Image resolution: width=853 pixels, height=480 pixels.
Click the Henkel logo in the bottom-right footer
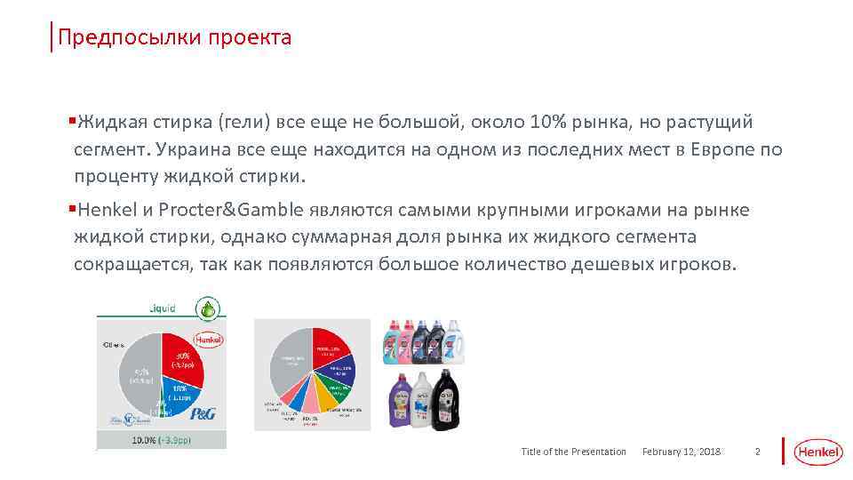click(817, 452)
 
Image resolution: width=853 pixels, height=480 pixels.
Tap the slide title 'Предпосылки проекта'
click(174, 37)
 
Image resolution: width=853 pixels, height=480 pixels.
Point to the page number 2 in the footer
click(757, 452)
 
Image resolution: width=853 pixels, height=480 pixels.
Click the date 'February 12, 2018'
click(682, 452)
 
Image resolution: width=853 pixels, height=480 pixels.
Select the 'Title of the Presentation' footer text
click(573, 452)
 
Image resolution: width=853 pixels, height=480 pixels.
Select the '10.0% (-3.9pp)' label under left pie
click(161, 440)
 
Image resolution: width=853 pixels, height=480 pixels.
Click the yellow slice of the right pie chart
click(328, 401)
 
